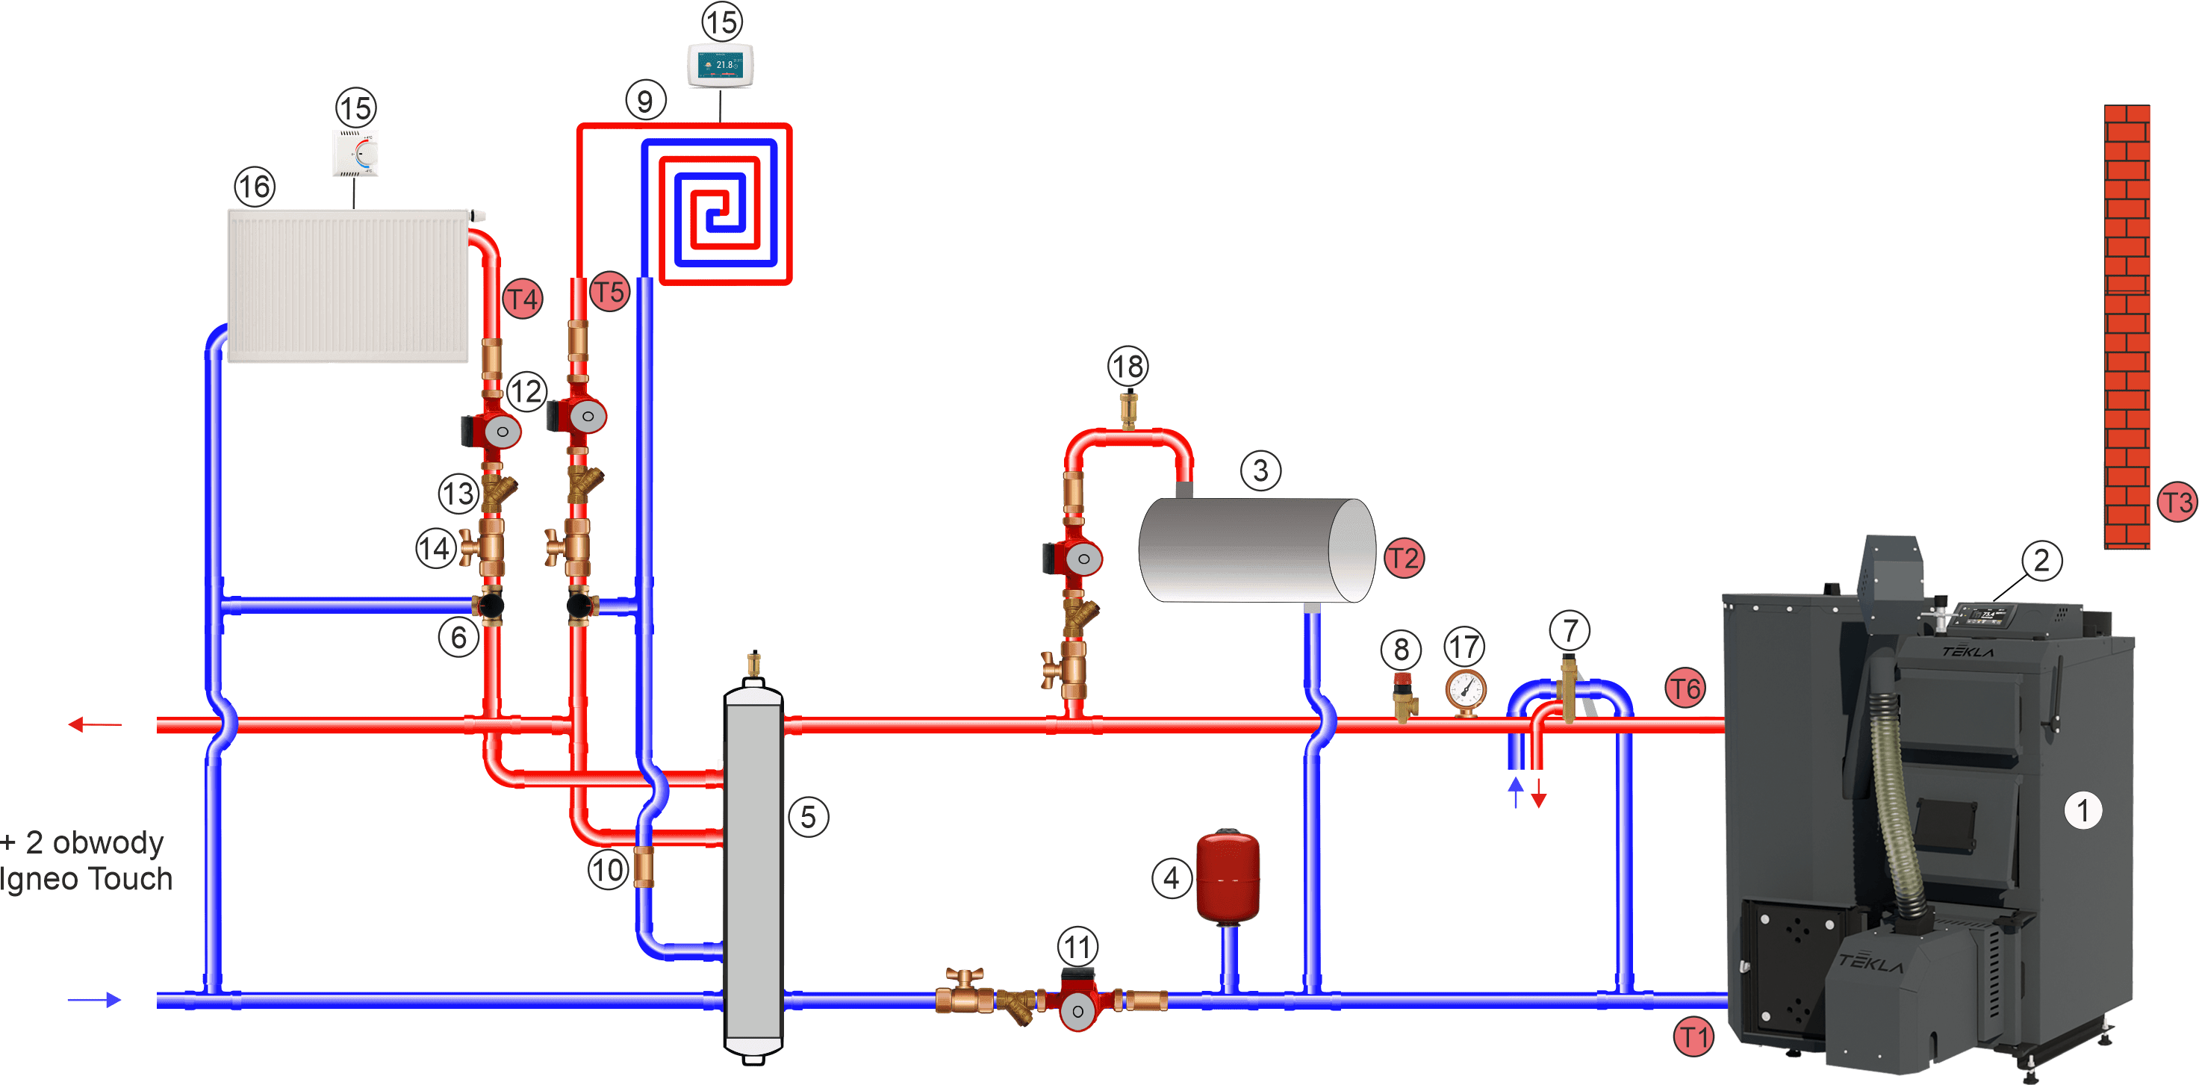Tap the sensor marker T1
coord(1693,1037)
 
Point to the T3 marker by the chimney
coord(2176,502)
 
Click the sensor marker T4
coord(523,299)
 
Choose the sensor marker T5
coord(609,292)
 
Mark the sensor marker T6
coord(1686,688)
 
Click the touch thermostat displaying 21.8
coord(721,64)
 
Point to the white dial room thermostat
coord(355,154)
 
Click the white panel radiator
coord(348,286)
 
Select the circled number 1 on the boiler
coord(2082,809)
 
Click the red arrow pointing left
coord(94,725)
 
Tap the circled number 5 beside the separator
coord(809,817)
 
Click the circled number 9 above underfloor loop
coord(645,101)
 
